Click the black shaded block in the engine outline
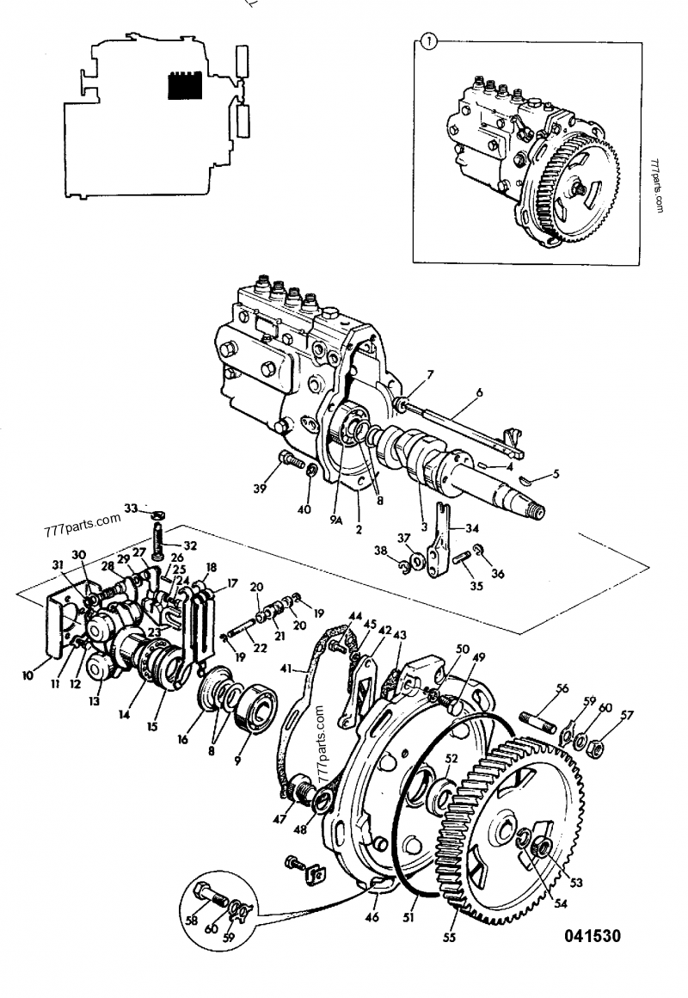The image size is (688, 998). point(183,85)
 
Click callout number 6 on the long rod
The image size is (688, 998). point(479,391)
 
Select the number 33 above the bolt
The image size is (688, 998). point(130,508)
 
